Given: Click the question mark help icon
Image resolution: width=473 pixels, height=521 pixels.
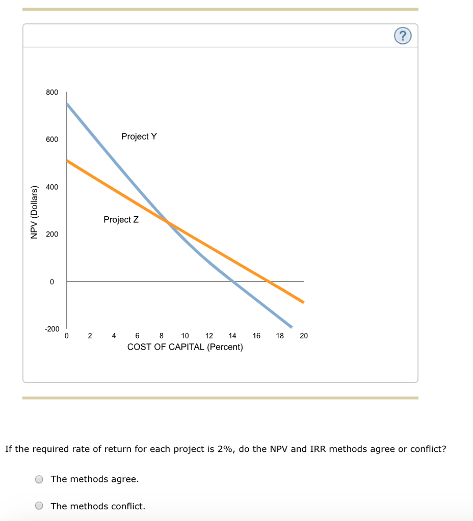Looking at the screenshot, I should [x=403, y=36].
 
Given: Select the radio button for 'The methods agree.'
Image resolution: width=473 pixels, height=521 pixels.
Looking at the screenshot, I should [x=39, y=479].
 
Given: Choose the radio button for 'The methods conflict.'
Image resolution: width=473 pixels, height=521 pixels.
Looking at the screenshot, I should [x=39, y=506].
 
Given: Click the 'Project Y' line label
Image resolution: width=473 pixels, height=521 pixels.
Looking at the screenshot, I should [x=139, y=136].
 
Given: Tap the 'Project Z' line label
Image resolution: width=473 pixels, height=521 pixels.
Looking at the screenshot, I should [x=121, y=219].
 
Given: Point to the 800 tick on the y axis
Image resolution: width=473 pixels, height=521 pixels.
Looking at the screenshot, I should [x=52, y=92].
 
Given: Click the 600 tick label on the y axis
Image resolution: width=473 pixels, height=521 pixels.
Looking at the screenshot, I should [x=52, y=139].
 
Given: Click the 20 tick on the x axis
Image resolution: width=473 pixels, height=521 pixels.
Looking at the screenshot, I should [x=304, y=336].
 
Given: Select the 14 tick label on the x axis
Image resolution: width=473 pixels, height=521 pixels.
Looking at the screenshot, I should [x=232, y=336].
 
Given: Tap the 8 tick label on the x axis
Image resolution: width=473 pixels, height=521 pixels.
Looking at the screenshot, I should [x=162, y=336].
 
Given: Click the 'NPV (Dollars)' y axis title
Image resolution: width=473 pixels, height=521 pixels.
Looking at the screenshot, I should [x=34, y=212].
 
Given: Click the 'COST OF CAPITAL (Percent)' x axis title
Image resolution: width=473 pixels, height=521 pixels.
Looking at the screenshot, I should [x=185, y=347].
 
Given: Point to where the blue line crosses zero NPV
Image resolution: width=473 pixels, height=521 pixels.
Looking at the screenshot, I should [x=232, y=281].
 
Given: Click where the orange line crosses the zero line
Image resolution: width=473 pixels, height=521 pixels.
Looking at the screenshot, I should [x=269, y=281].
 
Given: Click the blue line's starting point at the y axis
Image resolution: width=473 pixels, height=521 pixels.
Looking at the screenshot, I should [x=67, y=104].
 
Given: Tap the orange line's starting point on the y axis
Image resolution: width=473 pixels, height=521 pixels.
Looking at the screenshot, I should [x=67, y=160].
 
